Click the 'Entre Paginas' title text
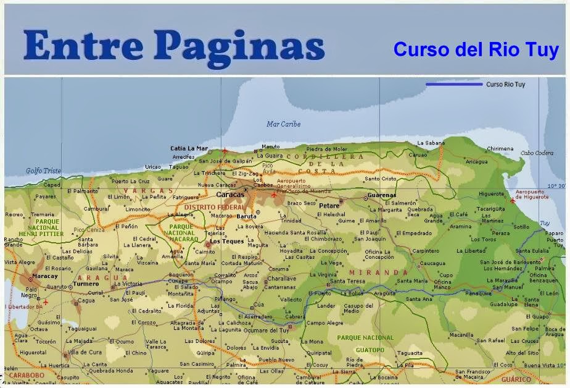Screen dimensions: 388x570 coord(175,47)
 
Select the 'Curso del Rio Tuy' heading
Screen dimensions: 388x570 coord(476,49)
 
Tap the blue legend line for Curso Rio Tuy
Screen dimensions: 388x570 coord(453,84)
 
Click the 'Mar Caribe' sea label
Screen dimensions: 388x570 coord(283,124)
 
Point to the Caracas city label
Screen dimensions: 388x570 coord(230,194)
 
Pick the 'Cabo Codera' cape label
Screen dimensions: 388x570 coord(536,153)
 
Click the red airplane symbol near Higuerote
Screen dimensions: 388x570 coord(512,200)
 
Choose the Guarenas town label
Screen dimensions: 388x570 coord(381,195)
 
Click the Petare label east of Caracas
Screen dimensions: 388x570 coord(329,205)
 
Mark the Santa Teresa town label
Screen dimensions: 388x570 coord(347,280)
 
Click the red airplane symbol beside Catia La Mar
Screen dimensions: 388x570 coord(225,150)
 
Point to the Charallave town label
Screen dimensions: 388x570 coord(281,278)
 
